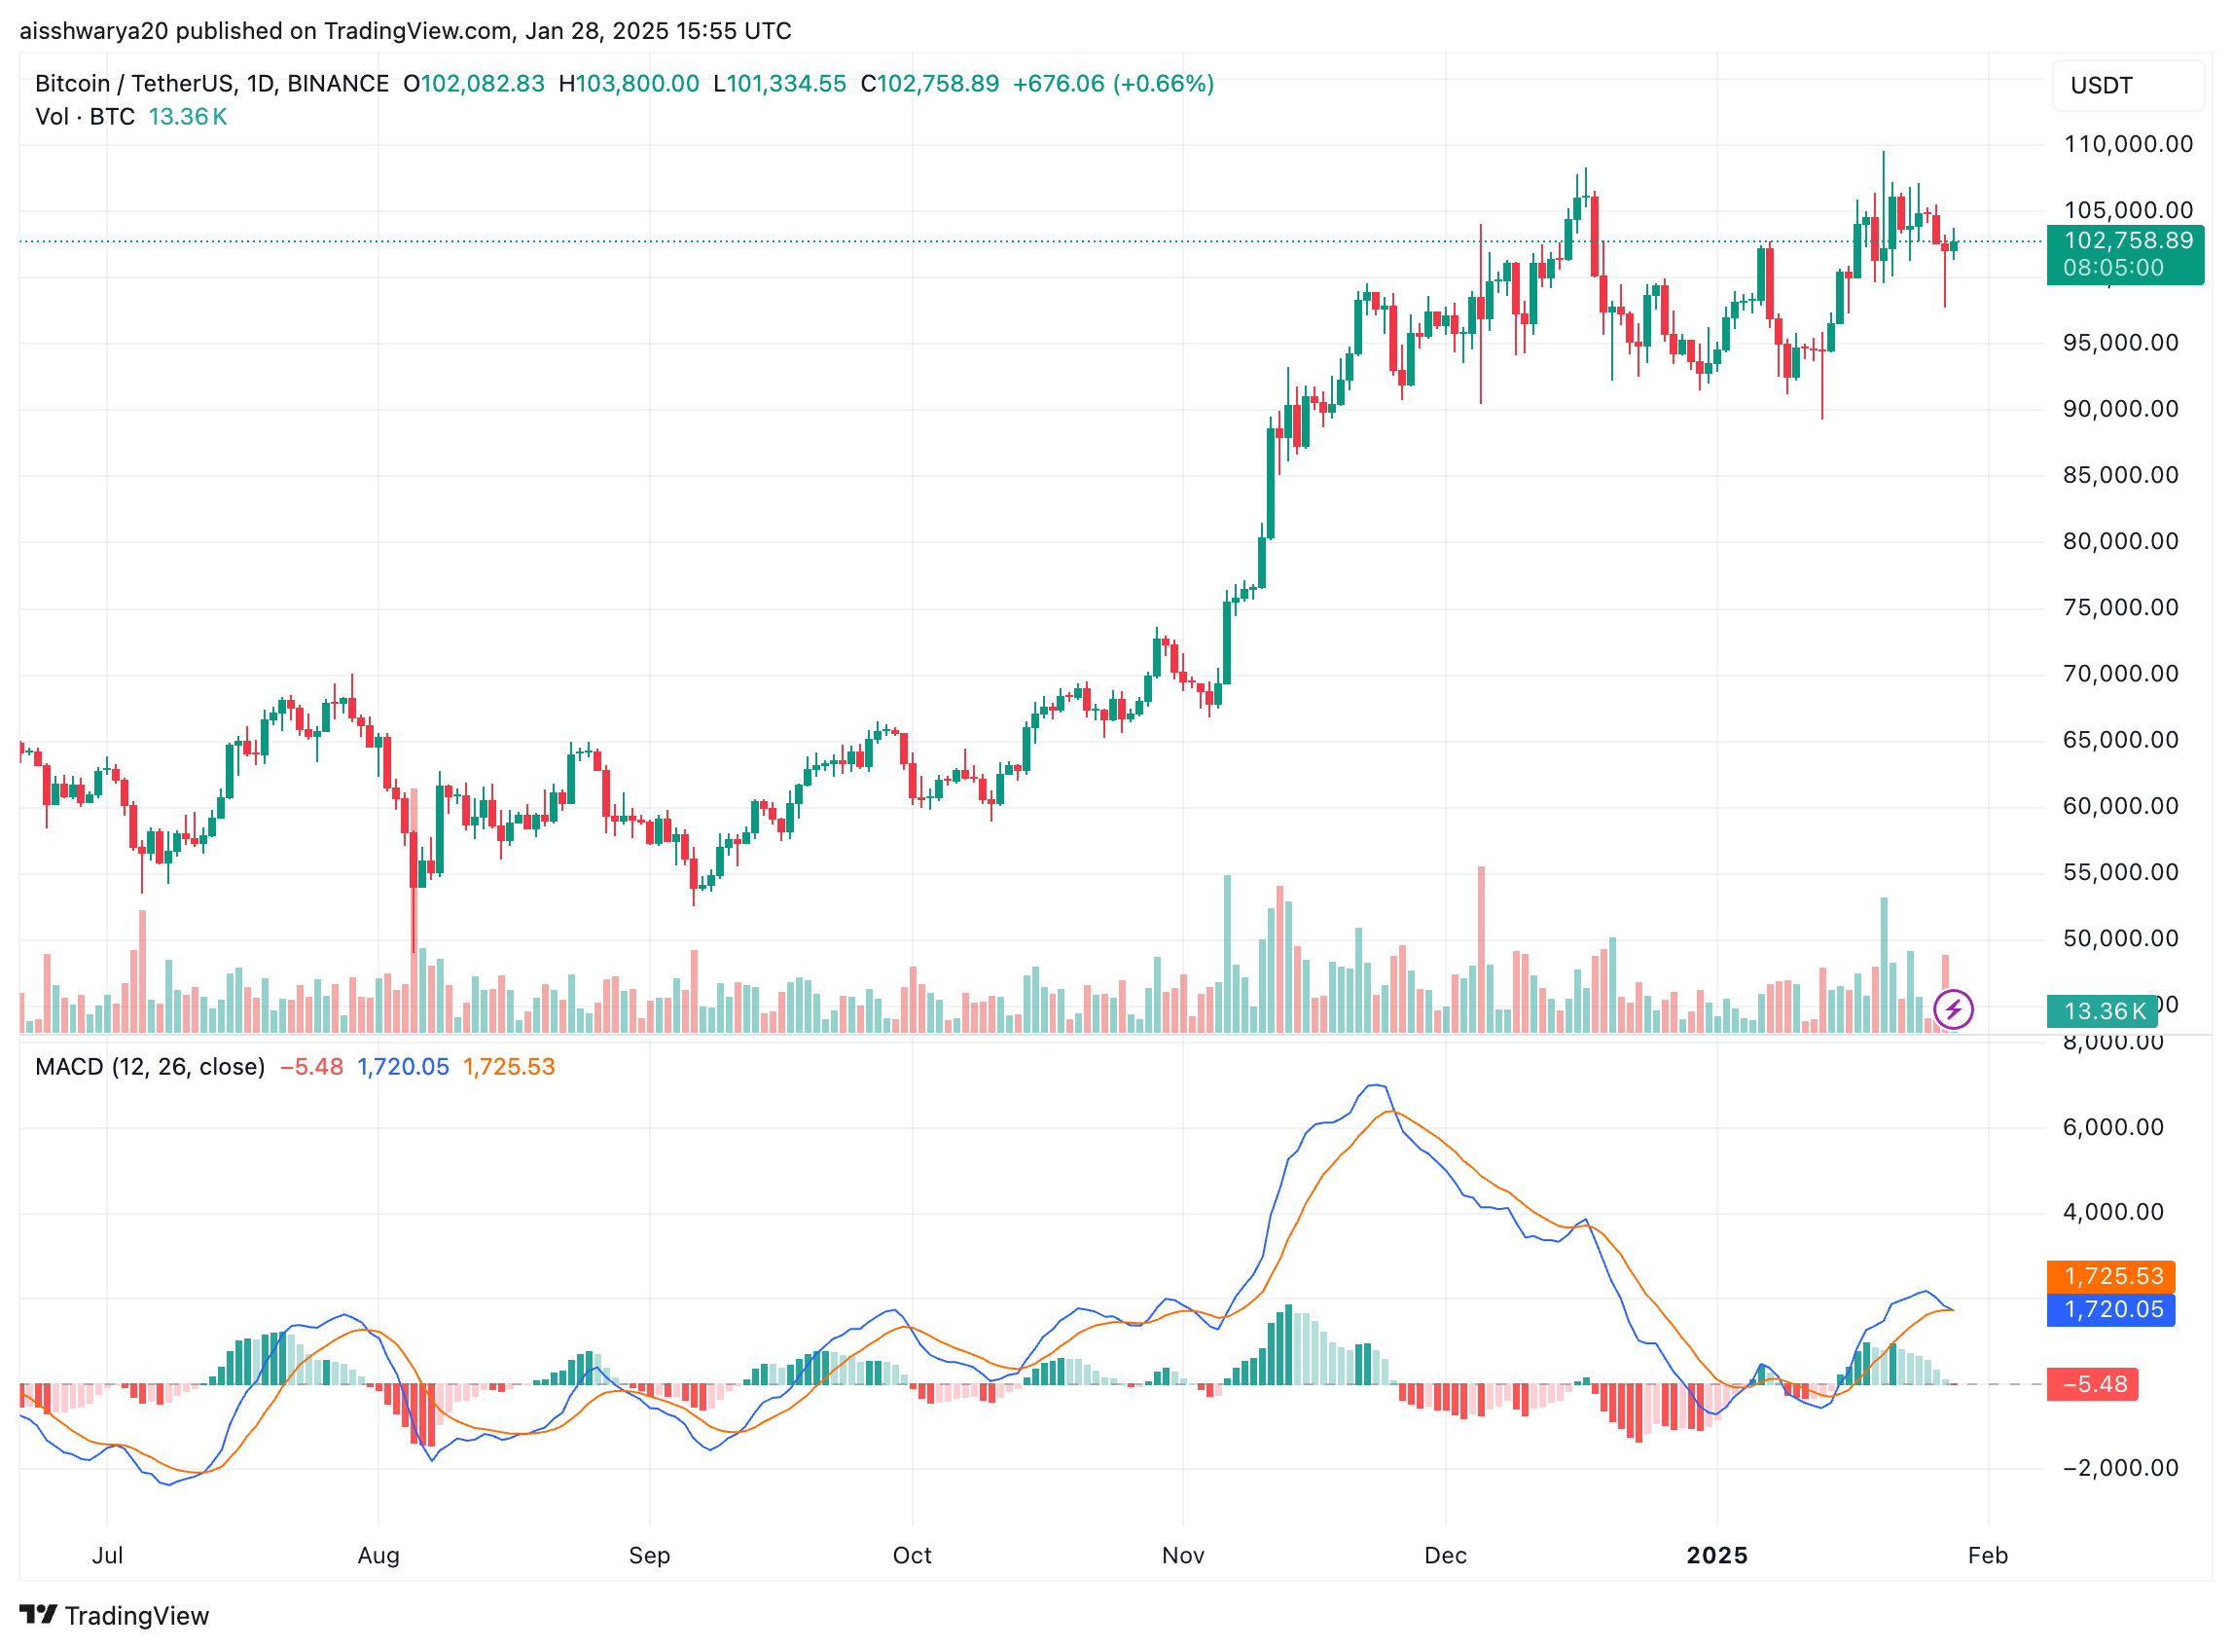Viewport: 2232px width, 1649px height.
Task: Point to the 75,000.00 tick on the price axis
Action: pos(2119,607)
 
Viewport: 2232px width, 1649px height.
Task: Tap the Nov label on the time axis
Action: pos(1182,1556)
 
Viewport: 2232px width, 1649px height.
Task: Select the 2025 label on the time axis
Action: pos(1716,1556)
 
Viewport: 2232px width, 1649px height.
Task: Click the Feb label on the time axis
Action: pos(1987,1556)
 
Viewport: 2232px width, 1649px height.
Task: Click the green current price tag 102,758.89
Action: pos(2127,240)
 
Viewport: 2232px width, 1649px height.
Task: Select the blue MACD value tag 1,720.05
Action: pos(2112,1309)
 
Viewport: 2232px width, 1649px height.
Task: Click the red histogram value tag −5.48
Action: pos(2093,1384)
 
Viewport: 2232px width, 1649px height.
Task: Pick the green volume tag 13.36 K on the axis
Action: pos(2104,1011)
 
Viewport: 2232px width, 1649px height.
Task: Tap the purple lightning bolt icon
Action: pos(1953,1009)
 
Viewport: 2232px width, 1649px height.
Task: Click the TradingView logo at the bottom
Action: pos(115,1615)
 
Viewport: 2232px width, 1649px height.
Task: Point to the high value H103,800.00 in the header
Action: pos(629,84)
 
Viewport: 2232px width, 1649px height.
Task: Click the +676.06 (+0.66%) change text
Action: pos(1112,84)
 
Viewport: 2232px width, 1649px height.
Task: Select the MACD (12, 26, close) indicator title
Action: pos(150,1067)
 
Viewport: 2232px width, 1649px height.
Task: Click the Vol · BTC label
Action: pos(85,117)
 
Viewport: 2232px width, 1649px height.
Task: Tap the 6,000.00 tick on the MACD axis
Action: pos(2112,1128)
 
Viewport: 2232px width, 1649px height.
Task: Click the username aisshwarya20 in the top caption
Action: pos(93,31)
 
